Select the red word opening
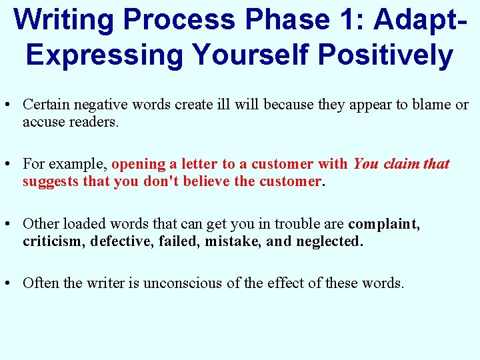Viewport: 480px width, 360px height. pyautogui.click(x=139, y=164)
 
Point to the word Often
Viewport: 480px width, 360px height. pyautogui.click(x=40, y=283)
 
